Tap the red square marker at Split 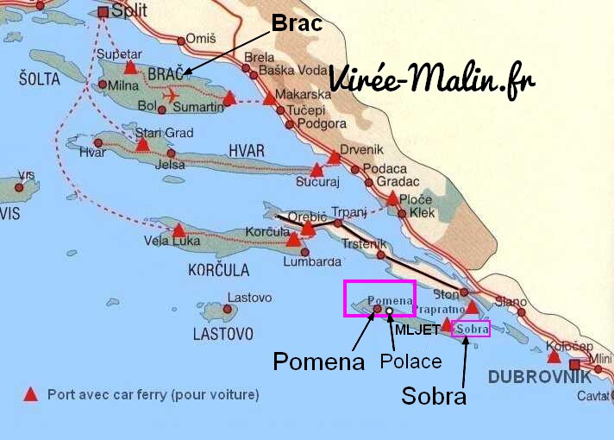(x=104, y=12)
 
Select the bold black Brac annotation (x=297, y=23)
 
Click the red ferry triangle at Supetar (x=129, y=66)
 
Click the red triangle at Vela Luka (x=179, y=230)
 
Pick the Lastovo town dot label (x=242, y=299)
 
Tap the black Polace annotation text (x=411, y=361)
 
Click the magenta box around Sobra (x=472, y=329)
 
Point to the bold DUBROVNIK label (x=540, y=376)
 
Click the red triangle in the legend (x=30, y=394)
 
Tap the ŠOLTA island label (x=38, y=79)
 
